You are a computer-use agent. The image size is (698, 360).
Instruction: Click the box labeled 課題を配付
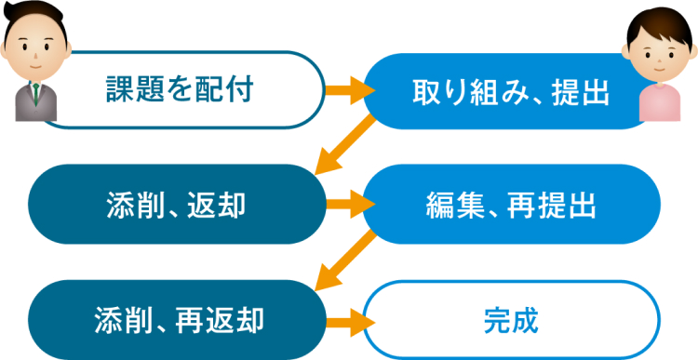point(177,90)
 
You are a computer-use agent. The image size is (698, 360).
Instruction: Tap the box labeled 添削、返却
point(176,205)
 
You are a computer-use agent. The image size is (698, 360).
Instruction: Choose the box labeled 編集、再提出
point(511,205)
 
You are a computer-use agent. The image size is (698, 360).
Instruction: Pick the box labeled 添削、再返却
point(177,320)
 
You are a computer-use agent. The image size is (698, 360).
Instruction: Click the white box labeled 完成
point(511,320)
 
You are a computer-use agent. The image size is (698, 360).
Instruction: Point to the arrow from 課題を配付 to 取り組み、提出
point(346,90)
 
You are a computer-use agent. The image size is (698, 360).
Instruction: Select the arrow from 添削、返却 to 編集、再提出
point(346,205)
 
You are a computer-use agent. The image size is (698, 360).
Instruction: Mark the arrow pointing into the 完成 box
point(346,320)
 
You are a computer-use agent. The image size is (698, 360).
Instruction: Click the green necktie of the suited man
point(36,93)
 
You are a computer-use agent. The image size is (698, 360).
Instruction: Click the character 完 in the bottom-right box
point(498,320)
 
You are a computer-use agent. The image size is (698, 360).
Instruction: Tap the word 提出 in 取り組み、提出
point(583,91)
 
